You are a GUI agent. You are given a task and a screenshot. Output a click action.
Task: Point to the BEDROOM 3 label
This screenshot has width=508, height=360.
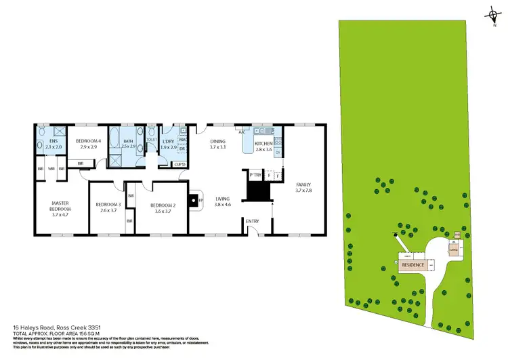(x=108, y=205)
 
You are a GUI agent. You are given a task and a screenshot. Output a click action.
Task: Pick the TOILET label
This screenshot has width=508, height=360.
(x=151, y=139)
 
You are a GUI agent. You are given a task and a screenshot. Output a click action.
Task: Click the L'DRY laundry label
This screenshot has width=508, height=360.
(x=168, y=140)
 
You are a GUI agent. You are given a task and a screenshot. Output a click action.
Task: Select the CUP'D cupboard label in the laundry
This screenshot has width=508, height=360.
(x=180, y=164)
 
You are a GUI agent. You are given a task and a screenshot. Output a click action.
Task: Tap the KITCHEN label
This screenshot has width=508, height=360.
(x=263, y=144)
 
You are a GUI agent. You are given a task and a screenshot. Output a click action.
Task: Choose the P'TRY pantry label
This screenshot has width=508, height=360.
(x=255, y=175)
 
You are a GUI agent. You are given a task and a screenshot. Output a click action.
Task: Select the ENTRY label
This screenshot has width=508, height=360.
(x=253, y=221)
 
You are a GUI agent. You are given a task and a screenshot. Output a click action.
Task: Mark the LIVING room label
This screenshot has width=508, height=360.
(x=223, y=199)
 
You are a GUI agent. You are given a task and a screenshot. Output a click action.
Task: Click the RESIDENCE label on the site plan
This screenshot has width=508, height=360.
(x=413, y=265)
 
